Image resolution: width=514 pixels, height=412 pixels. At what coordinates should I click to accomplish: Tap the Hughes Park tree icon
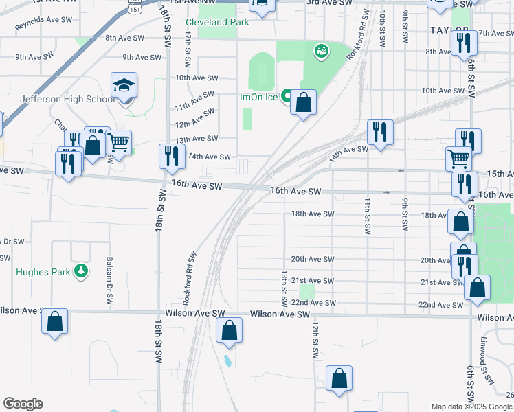[x=82, y=271]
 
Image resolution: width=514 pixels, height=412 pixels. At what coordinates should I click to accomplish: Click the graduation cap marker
[x=124, y=85]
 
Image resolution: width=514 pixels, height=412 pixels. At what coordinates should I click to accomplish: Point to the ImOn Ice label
[x=258, y=97]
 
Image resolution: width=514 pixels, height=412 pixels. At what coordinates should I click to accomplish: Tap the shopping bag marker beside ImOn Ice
[x=303, y=104]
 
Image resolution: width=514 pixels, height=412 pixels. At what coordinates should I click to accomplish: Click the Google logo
[x=23, y=404]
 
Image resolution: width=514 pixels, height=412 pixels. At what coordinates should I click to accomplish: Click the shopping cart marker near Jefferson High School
[x=118, y=142]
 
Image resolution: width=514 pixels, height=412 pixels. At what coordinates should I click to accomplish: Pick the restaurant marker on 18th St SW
[x=170, y=156]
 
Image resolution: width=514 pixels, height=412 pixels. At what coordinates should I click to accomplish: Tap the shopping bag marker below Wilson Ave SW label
[x=230, y=330]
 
